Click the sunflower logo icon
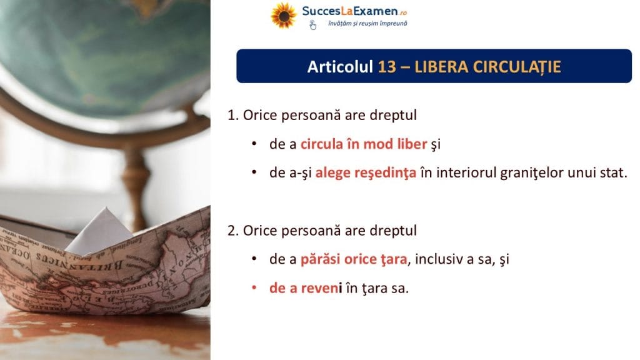(x=283, y=16)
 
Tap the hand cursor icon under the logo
(x=312, y=25)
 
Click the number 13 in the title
(x=387, y=66)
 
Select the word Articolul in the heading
(x=340, y=66)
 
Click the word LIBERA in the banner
(x=441, y=66)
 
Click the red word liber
(x=411, y=144)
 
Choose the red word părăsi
(x=320, y=259)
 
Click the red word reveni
(x=321, y=288)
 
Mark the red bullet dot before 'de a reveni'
(x=254, y=287)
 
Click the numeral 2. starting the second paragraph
(x=233, y=231)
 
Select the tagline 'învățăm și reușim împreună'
(x=367, y=24)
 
